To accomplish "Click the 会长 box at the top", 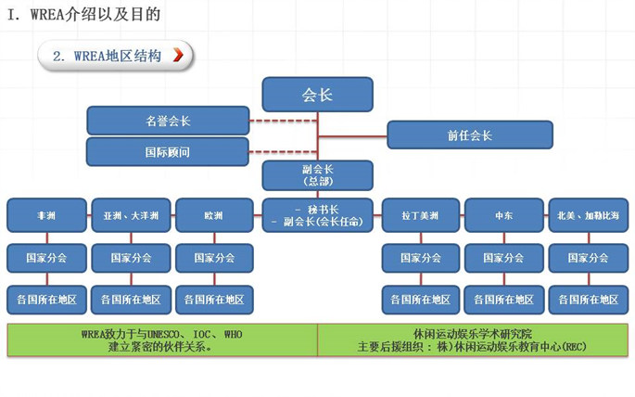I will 317,94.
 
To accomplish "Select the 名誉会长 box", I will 168,121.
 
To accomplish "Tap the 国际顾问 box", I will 168,151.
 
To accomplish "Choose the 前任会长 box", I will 469,135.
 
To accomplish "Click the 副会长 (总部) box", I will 317,174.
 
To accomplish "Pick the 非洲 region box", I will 46,215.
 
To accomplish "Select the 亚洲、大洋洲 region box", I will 131,215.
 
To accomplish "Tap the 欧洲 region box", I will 214,215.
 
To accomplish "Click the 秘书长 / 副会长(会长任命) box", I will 317,215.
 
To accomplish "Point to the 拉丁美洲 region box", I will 421,215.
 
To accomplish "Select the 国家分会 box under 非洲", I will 46,258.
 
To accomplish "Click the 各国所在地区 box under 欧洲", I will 214,300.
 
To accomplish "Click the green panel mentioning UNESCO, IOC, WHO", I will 162,340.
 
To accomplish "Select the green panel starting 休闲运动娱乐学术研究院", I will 472,340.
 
